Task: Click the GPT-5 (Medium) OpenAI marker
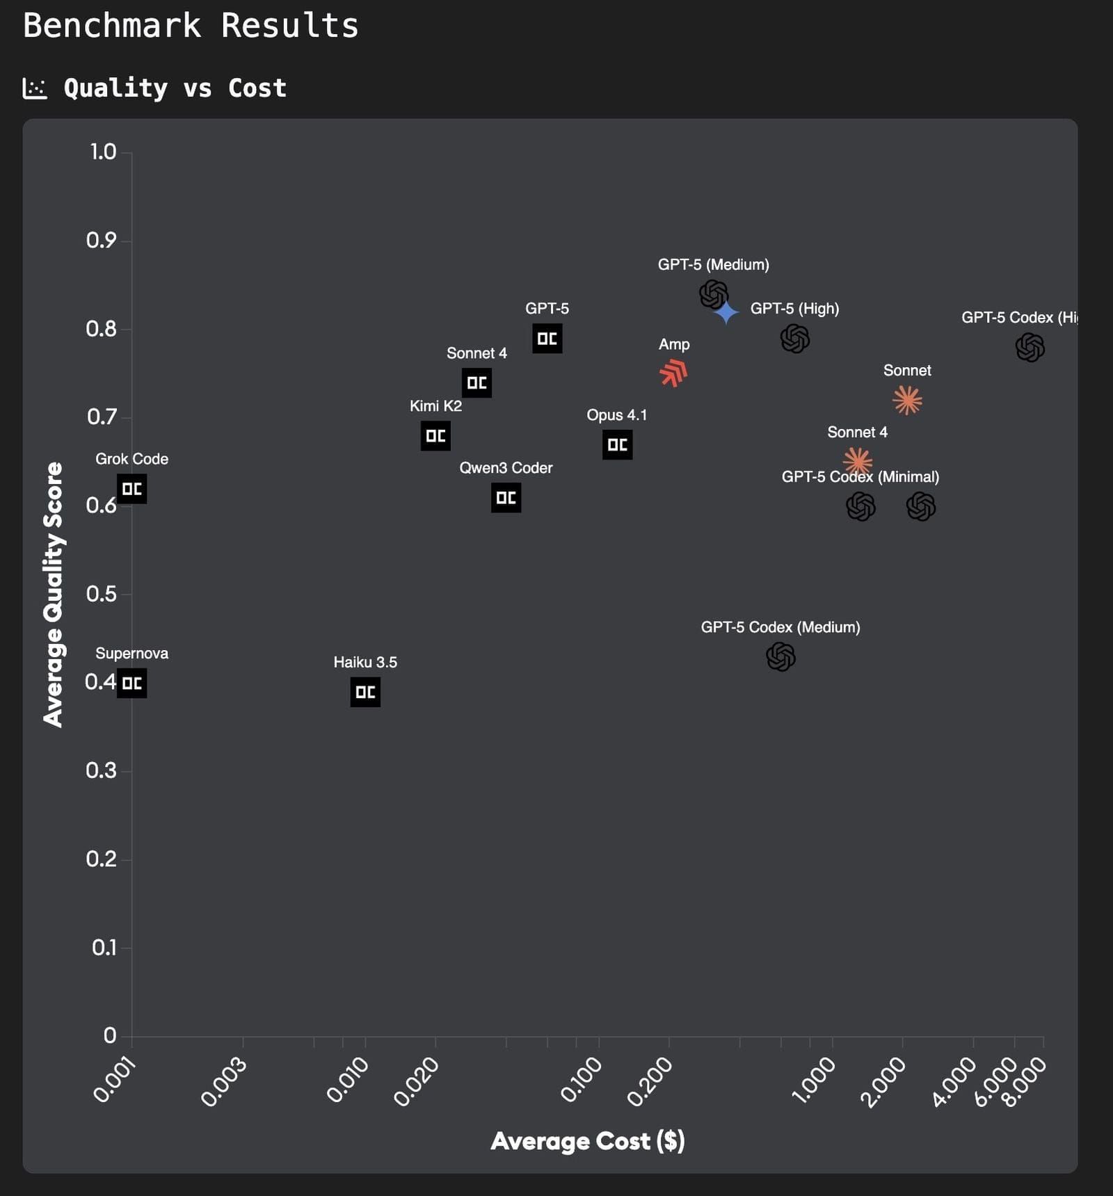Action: pyautogui.click(x=713, y=294)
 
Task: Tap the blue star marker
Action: pyautogui.click(x=726, y=312)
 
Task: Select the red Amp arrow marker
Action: pyautogui.click(x=673, y=373)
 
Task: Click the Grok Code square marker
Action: pyautogui.click(x=131, y=489)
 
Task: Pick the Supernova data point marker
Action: pyautogui.click(x=131, y=683)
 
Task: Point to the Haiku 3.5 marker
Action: pyautogui.click(x=365, y=692)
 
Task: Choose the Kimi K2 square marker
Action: pyautogui.click(x=435, y=436)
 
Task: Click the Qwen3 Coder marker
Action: pyautogui.click(x=506, y=498)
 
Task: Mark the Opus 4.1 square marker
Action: pyautogui.click(x=617, y=444)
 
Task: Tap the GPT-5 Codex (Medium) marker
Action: pyautogui.click(x=780, y=656)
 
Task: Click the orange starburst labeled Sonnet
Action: pyautogui.click(x=907, y=401)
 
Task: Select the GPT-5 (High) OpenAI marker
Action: pyautogui.click(x=794, y=339)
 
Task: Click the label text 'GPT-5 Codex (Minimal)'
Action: pyautogui.click(x=860, y=477)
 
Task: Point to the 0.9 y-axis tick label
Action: pyautogui.click(x=101, y=241)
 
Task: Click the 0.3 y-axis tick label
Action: pyautogui.click(x=101, y=770)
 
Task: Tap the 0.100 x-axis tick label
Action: pyautogui.click(x=582, y=1079)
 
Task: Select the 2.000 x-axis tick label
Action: pyautogui.click(x=883, y=1081)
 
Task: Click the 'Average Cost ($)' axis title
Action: pyautogui.click(x=588, y=1141)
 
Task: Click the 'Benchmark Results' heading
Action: pyautogui.click(x=191, y=26)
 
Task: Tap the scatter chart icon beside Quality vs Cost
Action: pyautogui.click(x=35, y=88)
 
